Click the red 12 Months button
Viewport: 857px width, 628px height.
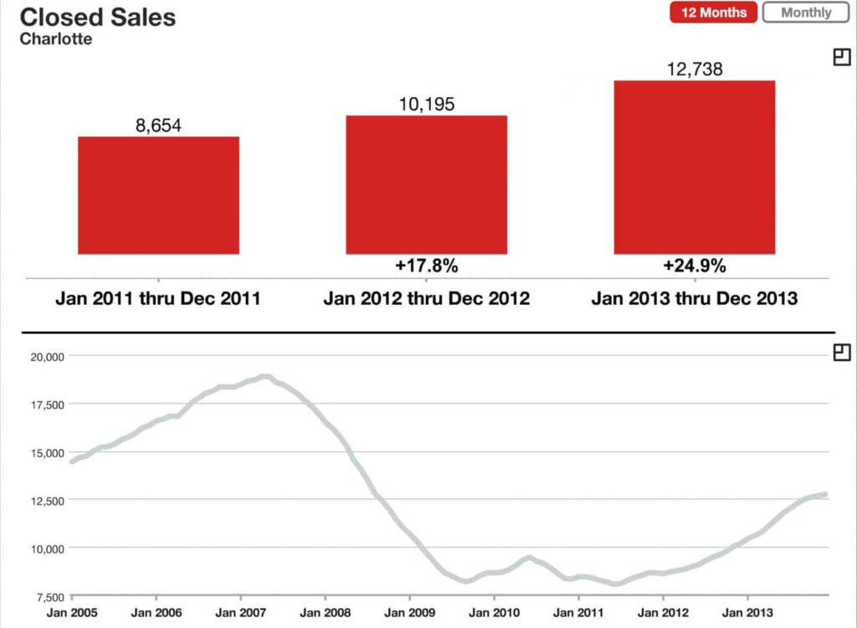(x=713, y=13)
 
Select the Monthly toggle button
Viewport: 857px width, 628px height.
(x=806, y=13)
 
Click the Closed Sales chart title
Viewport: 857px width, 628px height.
(x=97, y=17)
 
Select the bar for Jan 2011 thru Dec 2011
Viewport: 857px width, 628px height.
(x=158, y=195)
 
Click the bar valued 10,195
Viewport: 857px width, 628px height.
(x=426, y=184)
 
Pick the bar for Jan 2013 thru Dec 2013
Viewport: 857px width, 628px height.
(x=694, y=167)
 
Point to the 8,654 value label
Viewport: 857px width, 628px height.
(x=158, y=126)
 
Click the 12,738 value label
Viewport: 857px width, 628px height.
(x=694, y=69)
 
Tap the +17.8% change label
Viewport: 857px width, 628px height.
(x=426, y=266)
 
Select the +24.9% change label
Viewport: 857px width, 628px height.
(x=694, y=266)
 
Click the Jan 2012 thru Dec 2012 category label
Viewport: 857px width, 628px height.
(x=426, y=299)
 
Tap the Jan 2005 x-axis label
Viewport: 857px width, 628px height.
(x=71, y=613)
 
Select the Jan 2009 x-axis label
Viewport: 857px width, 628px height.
(x=409, y=613)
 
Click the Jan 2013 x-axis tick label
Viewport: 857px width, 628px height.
(x=747, y=613)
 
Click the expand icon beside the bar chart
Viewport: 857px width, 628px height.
(x=842, y=57)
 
